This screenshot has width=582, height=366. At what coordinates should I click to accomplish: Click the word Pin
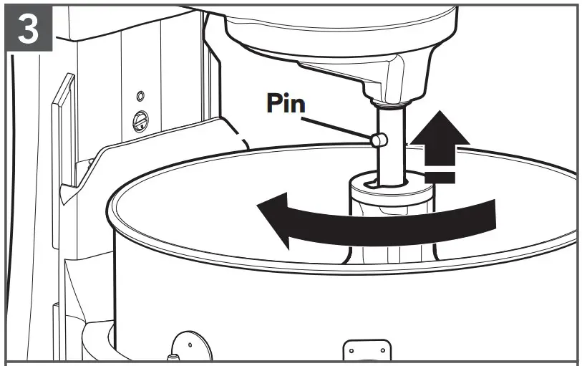click(x=286, y=104)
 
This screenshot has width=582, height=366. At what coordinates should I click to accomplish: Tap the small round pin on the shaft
click(x=377, y=142)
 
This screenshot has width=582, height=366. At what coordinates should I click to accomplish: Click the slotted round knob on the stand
click(x=141, y=122)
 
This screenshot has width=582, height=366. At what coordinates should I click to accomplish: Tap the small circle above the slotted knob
click(x=140, y=95)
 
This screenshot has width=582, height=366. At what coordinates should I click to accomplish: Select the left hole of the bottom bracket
click(x=351, y=351)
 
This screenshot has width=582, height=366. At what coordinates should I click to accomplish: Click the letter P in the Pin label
click(x=273, y=104)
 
